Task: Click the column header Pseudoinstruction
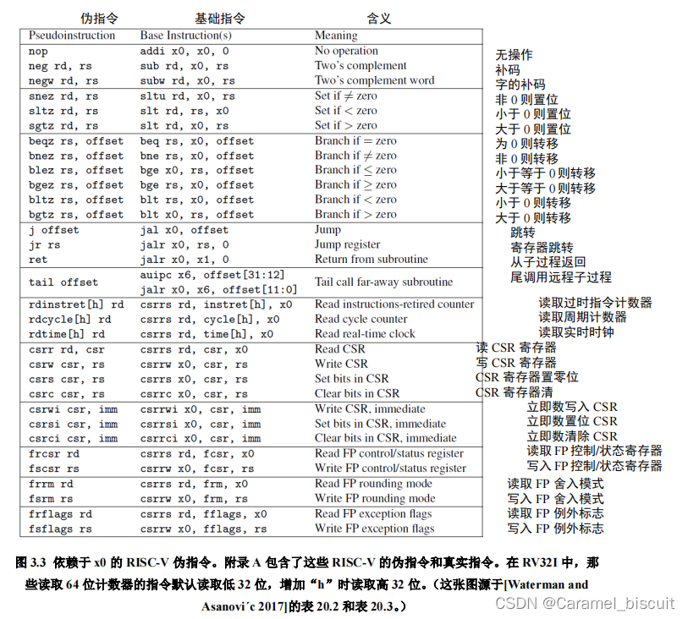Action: (x=72, y=36)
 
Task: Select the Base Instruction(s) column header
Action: (x=185, y=36)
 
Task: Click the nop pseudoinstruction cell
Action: (x=38, y=51)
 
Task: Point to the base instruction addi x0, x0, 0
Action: (x=184, y=51)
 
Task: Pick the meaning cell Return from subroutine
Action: (x=372, y=260)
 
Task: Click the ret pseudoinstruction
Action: (x=38, y=260)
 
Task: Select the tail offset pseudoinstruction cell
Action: (x=63, y=282)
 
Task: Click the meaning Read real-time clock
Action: (x=365, y=334)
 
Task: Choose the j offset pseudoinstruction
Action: (x=53, y=230)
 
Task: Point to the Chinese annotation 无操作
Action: (x=514, y=54)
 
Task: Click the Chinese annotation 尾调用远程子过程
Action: (x=560, y=277)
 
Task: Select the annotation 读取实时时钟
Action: (x=576, y=332)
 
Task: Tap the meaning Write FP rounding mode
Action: (x=373, y=499)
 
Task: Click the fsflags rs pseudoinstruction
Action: (x=60, y=529)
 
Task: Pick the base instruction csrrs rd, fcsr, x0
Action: (x=196, y=453)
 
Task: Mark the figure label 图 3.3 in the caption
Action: (x=33, y=561)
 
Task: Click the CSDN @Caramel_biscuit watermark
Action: (x=584, y=603)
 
